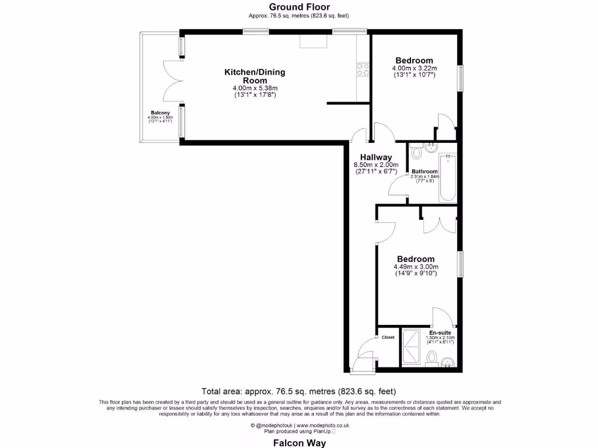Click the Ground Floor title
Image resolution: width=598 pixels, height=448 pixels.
point(299,7)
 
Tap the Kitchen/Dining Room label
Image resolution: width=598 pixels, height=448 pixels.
point(255,76)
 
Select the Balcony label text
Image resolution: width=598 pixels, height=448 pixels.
point(160,113)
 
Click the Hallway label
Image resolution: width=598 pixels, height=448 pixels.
point(376,157)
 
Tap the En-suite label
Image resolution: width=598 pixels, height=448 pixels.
point(440,332)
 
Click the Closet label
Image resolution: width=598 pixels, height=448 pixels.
point(388,337)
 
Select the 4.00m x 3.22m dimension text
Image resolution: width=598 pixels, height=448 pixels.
point(414,68)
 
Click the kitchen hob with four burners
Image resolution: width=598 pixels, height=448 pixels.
point(363,69)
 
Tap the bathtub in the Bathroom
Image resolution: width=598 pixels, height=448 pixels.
point(447,177)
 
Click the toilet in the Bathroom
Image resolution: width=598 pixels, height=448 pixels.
point(417,152)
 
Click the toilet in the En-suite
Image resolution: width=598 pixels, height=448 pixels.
point(431,356)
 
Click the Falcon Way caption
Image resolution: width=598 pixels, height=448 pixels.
point(299,443)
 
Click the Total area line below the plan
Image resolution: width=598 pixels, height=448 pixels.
point(299,391)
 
